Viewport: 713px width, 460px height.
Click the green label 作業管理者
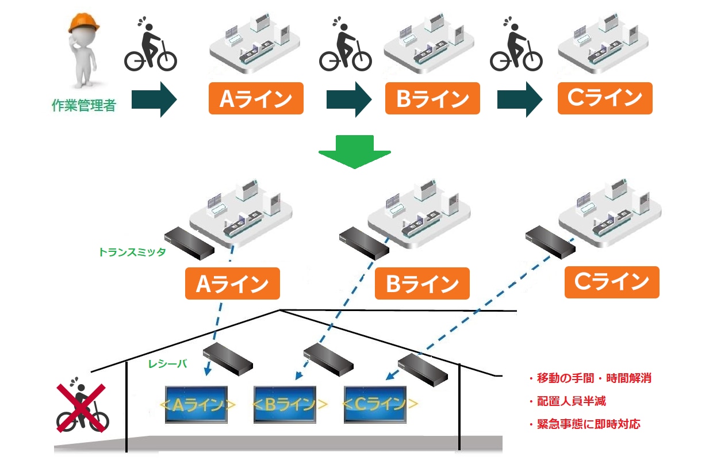[x=84, y=105]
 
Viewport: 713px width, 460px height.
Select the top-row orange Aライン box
[x=255, y=98]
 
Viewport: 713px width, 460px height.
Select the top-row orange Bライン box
[x=432, y=98]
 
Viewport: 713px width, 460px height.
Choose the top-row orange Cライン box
[x=605, y=98]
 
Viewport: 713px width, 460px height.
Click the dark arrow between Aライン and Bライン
[x=348, y=99]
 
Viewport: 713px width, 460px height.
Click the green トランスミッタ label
[x=132, y=252]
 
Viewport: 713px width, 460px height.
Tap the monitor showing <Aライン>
[x=196, y=405]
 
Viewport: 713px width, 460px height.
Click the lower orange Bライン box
[x=422, y=283]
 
